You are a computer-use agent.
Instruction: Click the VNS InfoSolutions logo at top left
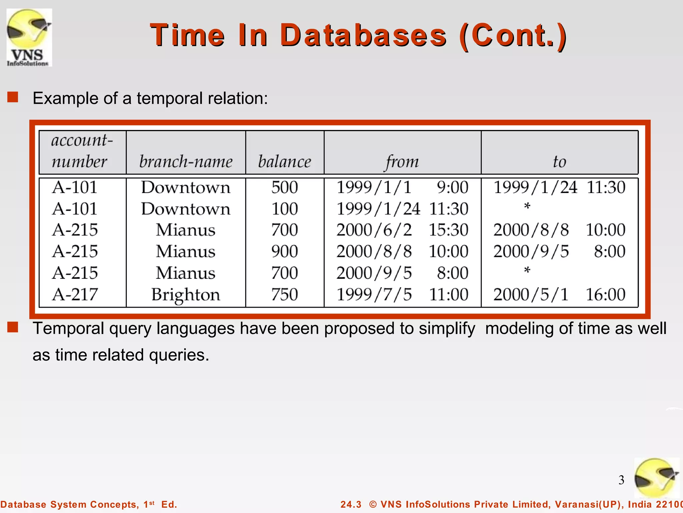pos(29,37)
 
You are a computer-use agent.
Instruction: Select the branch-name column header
pos(186,162)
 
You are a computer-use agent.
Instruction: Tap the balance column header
pos(284,162)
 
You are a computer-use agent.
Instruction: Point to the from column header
pos(402,162)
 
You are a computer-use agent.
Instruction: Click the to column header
pos(559,162)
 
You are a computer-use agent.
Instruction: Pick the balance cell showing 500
pos(284,187)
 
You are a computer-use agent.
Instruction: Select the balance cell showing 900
pos(284,251)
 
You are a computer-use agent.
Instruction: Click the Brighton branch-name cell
pos(186,295)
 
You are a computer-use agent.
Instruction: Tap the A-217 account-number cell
pos(75,295)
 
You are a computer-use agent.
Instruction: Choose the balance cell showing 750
pos(284,295)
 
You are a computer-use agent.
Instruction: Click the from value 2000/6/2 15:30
pos(402,230)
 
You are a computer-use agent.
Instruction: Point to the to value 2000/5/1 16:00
pos(559,295)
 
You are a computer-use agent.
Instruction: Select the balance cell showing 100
pos(284,209)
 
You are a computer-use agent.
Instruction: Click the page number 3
pos(621,480)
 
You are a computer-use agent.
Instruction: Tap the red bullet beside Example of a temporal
pos(13,98)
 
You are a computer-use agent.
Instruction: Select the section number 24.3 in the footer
pos(351,504)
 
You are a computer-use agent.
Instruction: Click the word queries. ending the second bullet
pos(179,355)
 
